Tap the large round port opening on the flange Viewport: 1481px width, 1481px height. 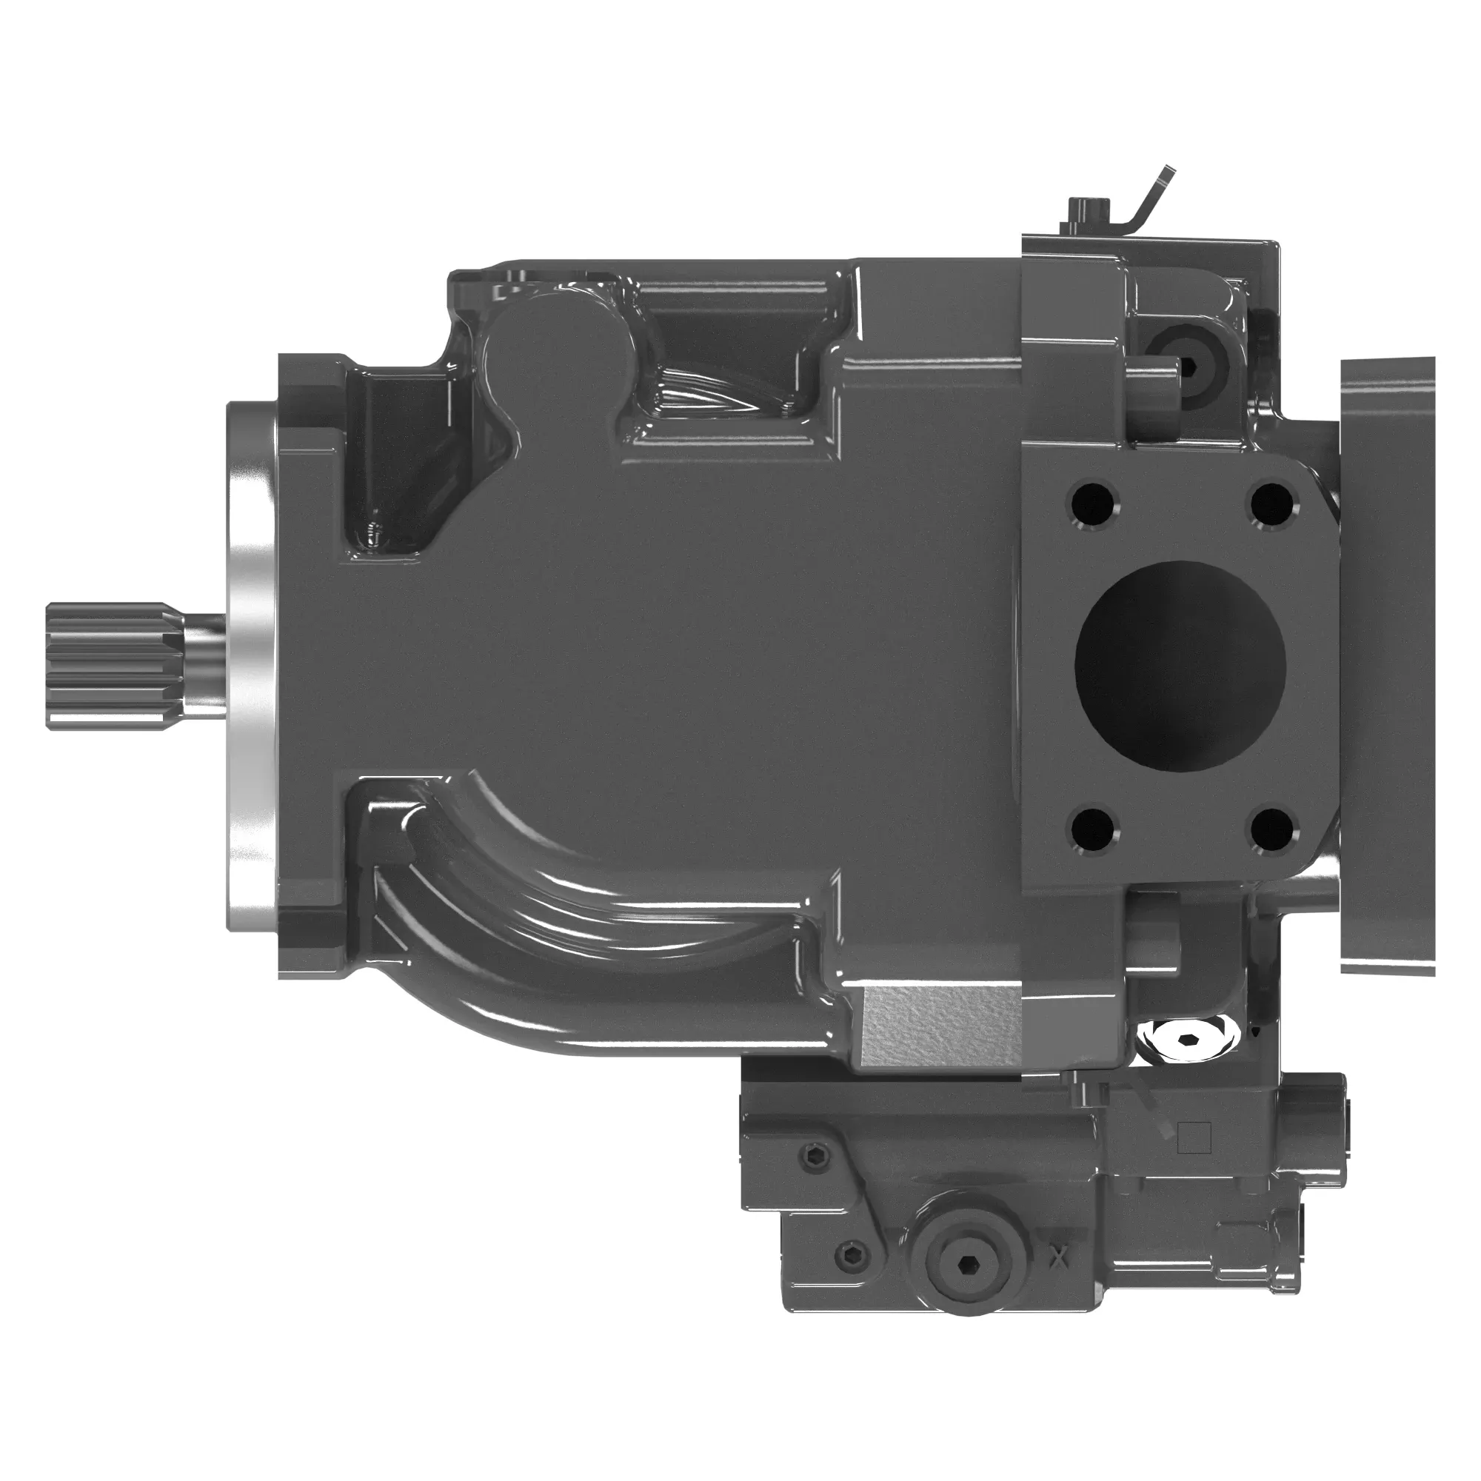[x=1180, y=666]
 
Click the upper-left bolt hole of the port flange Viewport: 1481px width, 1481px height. [x=1093, y=504]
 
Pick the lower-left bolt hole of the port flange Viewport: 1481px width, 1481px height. [x=1093, y=829]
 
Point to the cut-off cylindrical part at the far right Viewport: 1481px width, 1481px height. [x=1388, y=666]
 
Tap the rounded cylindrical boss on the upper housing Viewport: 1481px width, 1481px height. [x=553, y=361]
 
